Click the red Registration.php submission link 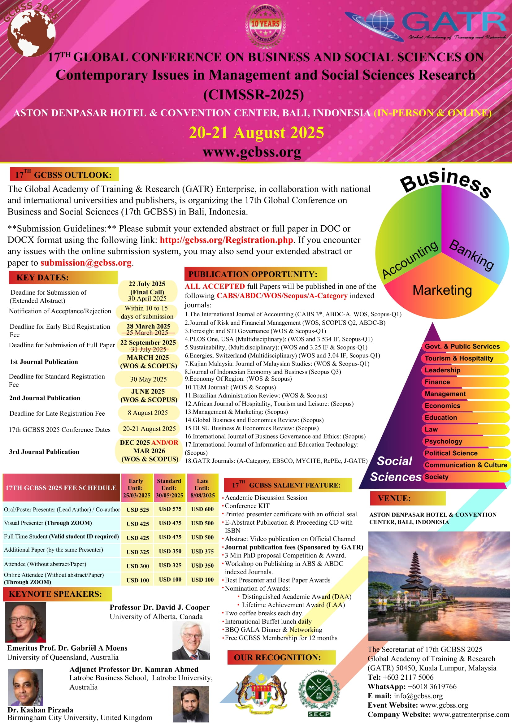click(x=226, y=240)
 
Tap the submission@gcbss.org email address click(x=86, y=263)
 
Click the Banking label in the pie click(x=471, y=255)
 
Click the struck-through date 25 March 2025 click(x=147, y=333)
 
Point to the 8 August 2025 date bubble click(x=148, y=413)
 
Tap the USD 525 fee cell click(x=137, y=509)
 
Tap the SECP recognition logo click(x=319, y=694)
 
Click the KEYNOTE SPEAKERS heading click(x=55, y=594)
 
